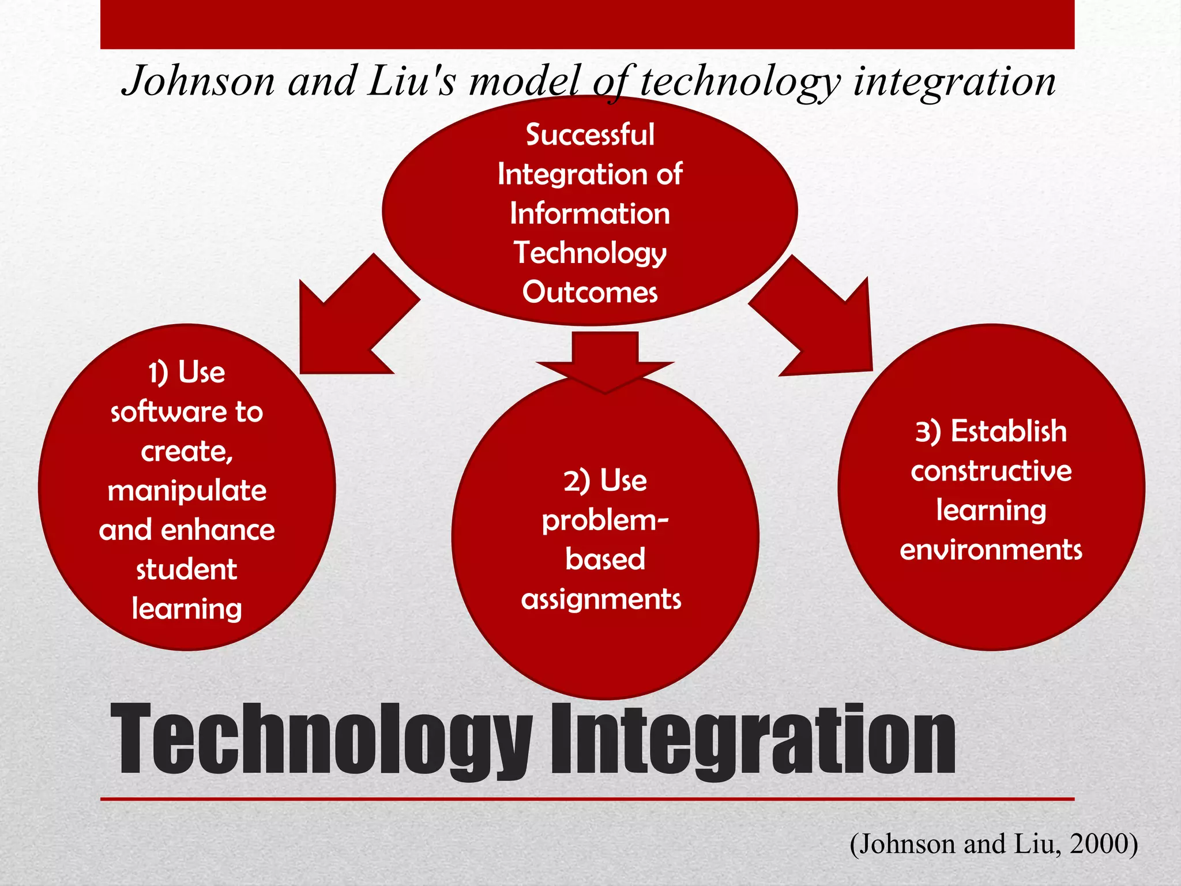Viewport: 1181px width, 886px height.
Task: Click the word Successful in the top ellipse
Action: tap(590, 135)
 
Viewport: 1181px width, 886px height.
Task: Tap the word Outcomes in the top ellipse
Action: tap(590, 292)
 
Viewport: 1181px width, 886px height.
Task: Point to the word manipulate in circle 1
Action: tap(187, 491)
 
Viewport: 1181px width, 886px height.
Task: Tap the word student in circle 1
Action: tap(186, 570)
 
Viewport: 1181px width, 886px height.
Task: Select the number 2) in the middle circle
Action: tap(577, 481)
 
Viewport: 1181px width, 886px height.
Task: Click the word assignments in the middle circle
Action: tap(601, 599)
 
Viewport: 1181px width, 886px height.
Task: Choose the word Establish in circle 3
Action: tap(1009, 431)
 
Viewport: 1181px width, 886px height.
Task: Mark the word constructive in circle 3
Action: tap(991, 471)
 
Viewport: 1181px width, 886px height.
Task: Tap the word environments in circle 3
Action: tap(991, 550)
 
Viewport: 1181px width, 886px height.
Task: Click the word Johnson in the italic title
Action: tap(198, 81)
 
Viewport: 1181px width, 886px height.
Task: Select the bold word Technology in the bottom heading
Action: tap(321, 739)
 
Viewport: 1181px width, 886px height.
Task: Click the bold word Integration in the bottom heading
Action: tap(753, 739)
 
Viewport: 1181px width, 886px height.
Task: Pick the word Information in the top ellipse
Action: tap(590, 214)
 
